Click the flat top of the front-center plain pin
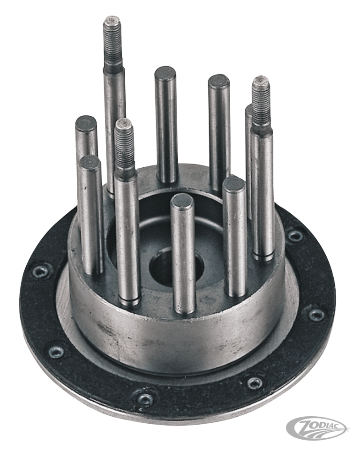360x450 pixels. (x=182, y=202)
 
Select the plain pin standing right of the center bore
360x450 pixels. (x=234, y=234)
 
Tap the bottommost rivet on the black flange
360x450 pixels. (x=145, y=399)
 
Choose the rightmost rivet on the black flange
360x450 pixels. (x=316, y=314)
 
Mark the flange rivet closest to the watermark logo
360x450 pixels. (x=255, y=383)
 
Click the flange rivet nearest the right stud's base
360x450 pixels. (x=295, y=235)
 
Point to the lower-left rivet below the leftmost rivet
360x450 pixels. (x=56, y=351)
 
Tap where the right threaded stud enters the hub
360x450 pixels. (x=263, y=255)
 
